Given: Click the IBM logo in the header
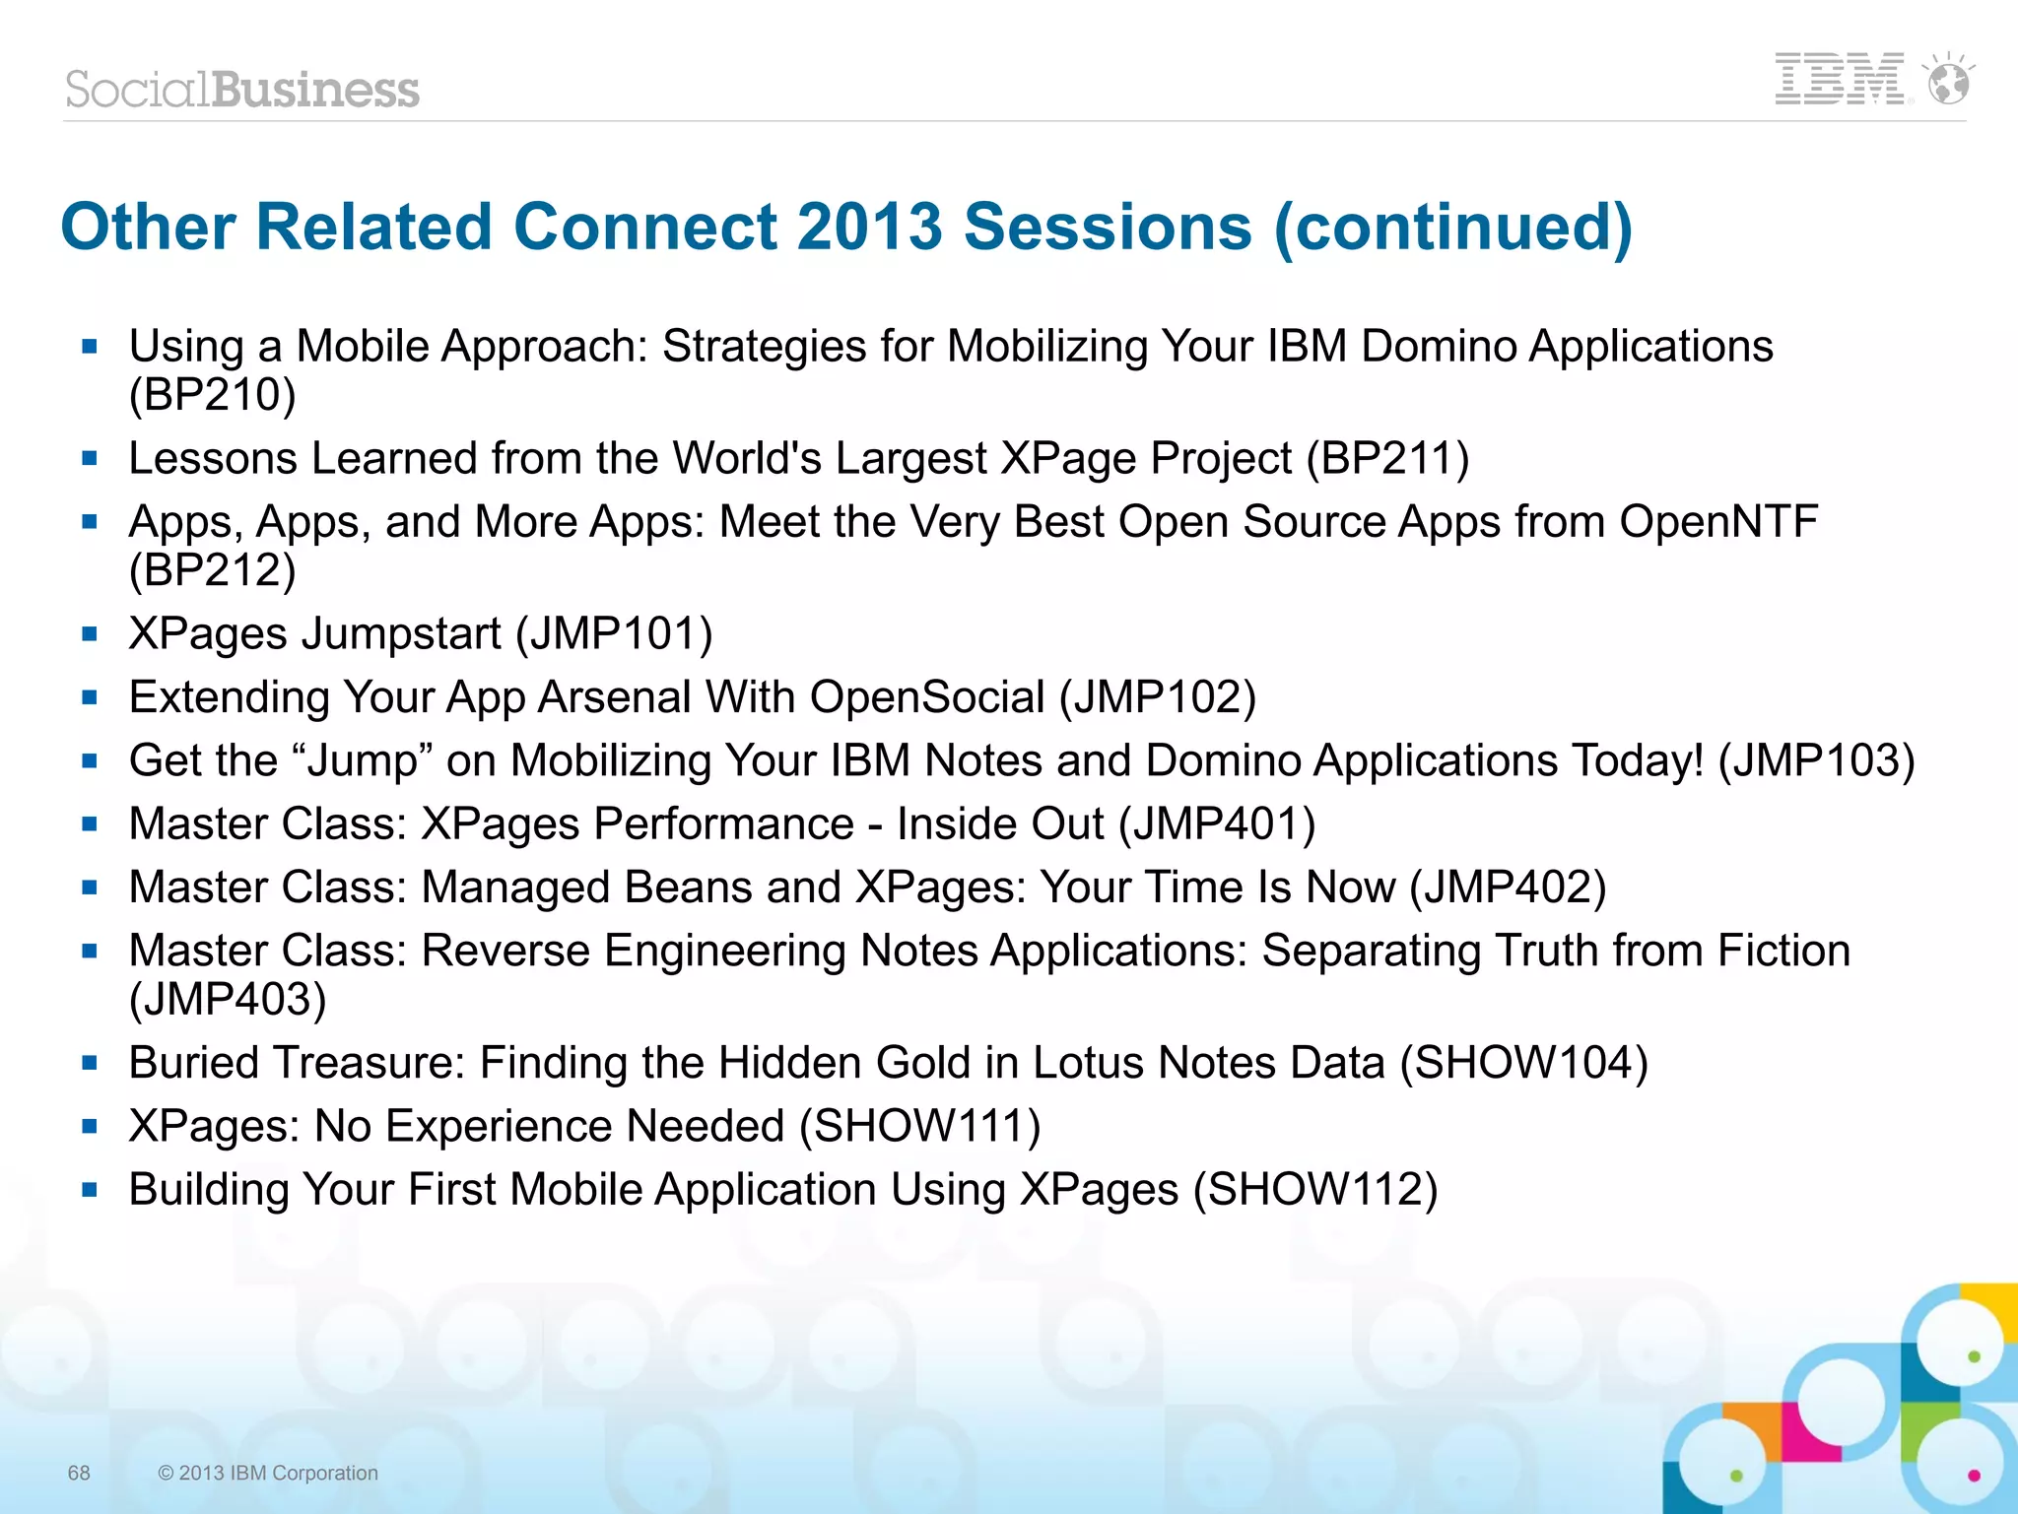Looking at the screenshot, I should click(1840, 79).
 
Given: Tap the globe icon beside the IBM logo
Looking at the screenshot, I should click(1949, 79).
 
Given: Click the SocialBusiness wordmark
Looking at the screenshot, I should click(242, 90).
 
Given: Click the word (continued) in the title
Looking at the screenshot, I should click(1453, 227).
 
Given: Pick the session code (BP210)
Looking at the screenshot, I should click(212, 395).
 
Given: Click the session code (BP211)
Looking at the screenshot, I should click(1387, 459).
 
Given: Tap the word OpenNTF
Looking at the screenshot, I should click(1717, 522).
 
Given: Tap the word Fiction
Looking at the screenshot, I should click(1783, 952).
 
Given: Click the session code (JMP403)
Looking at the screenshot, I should click(228, 1000).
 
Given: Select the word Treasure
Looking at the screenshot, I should click(367, 1063).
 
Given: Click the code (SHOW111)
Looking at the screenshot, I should click(919, 1127).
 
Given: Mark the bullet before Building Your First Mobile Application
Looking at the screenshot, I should click(91, 1190).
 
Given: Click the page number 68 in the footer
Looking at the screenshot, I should click(79, 1473).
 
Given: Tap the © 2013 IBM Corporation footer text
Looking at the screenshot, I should click(268, 1473).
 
